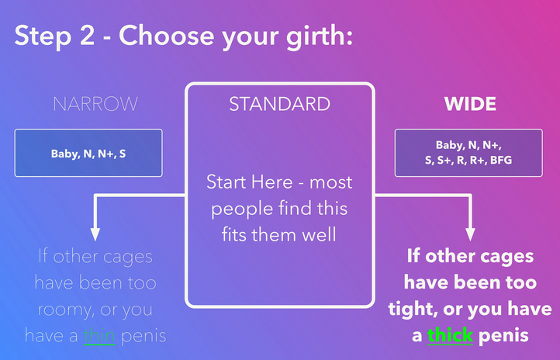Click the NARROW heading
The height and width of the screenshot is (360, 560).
tap(95, 104)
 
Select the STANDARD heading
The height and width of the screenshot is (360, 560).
tap(280, 104)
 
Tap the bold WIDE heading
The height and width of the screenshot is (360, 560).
tap(470, 104)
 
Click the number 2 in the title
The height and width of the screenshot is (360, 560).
tap(87, 36)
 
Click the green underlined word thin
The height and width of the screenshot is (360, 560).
tap(99, 336)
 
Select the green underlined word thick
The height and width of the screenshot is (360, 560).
tap(450, 335)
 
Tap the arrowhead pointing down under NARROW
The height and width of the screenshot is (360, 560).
tap(95, 234)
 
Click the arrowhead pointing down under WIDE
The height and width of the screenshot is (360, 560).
tap(470, 234)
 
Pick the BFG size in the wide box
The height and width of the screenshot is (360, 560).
tap(501, 160)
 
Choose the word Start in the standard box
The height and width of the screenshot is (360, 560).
tap(226, 182)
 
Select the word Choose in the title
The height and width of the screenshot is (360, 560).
tap(167, 36)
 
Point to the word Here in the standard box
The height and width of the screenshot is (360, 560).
tap(272, 182)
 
